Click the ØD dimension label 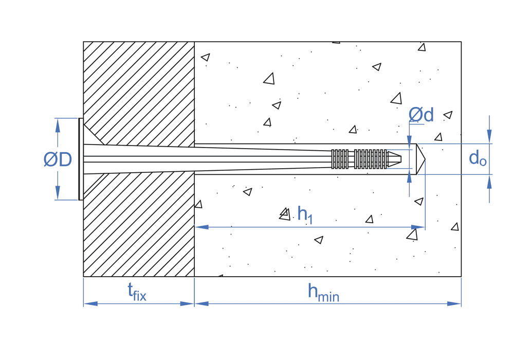click(x=58, y=160)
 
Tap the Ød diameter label click(x=421, y=115)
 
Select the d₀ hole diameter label click(x=478, y=159)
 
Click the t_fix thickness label click(x=137, y=292)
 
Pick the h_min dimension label click(x=323, y=293)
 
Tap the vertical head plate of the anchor click(x=80, y=159)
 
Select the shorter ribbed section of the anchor click(x=340, y=159)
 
